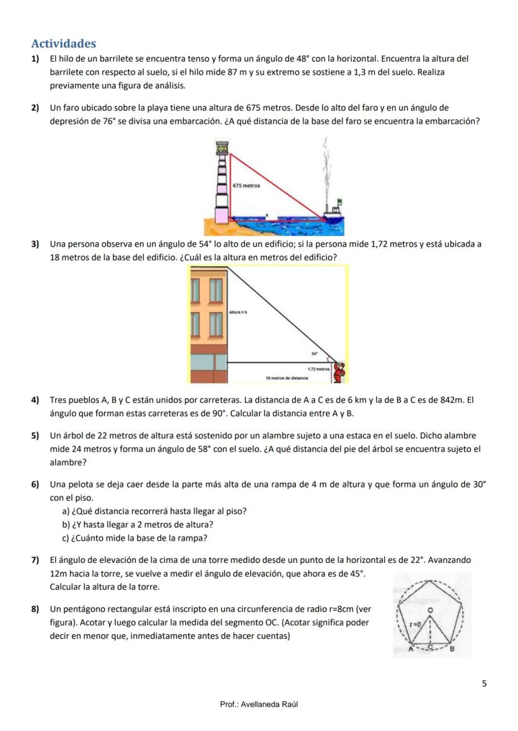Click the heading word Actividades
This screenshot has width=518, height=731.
(x=63, y=44)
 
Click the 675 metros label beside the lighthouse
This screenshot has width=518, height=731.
(x=246, y=186)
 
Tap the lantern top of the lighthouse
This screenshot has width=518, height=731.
(x=222, y=147)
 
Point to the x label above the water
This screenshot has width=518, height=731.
(x=267, y=214)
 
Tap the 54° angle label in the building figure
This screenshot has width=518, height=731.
(x=315, y=353)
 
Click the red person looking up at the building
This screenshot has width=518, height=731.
(x=340, y=372)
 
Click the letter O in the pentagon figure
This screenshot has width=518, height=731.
(x=430, y=608)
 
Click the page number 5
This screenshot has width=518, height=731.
(x=484, y=684)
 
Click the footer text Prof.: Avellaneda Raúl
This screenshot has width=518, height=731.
(x=258, y=704)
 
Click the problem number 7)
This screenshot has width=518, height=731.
(x=36, y=560)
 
